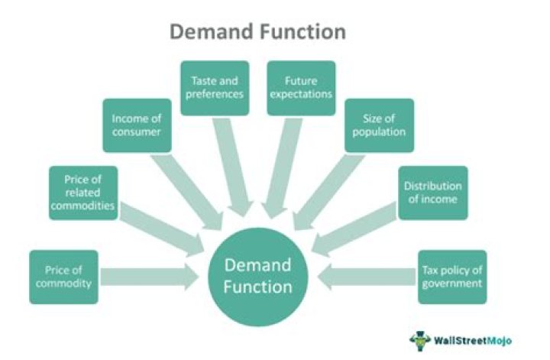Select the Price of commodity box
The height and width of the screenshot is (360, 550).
click(64, 277)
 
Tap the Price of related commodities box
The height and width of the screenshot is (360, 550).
click(83, 193)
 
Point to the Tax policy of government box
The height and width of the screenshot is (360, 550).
click(452, 277)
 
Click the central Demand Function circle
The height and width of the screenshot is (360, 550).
click(257, 276)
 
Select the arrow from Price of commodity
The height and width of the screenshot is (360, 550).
click(150, 277)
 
